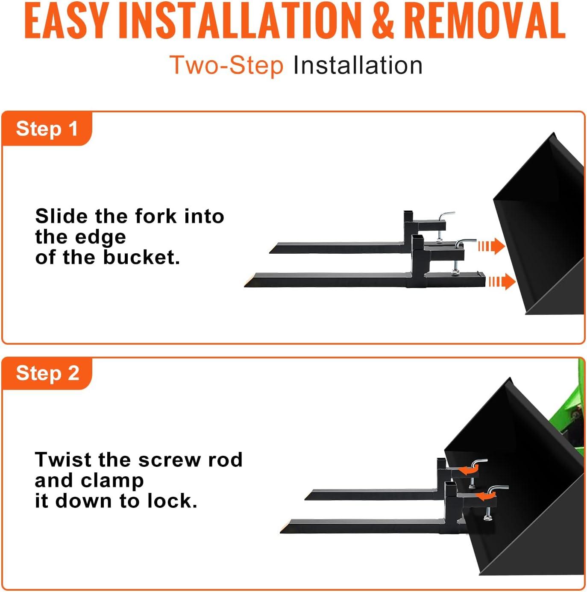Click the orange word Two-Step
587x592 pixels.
pyautogui.click(x=226, y=65)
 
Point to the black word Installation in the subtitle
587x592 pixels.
pyautogui.click(x=358, y=65)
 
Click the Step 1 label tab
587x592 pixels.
pyautogui.click(x=47, y=129)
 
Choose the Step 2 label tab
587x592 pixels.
pyautogui.click(x=47, y=373)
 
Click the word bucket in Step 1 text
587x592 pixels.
pyautogui.click(x=141, y=257)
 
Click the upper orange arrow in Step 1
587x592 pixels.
pyautogui.click(x=491, y=246)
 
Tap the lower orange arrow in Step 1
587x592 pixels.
pyautogui.click(x=502, y=281)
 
